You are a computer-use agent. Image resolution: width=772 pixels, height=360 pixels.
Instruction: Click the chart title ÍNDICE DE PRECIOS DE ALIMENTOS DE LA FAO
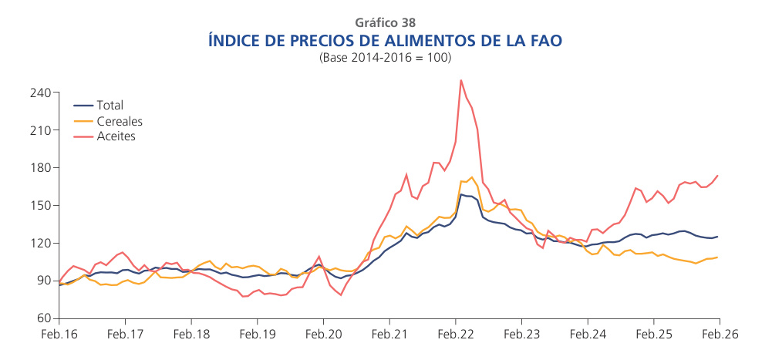386,40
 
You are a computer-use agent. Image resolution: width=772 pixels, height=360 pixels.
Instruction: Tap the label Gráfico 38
386,22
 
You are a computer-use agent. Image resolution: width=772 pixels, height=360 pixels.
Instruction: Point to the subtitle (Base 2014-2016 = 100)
386,58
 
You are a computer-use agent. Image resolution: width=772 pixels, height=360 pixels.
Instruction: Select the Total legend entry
110,106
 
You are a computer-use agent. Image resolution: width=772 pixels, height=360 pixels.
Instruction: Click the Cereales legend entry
120,121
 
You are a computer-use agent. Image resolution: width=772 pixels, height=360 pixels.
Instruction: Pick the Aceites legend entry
116,136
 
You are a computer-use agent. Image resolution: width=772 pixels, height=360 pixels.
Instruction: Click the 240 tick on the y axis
40,93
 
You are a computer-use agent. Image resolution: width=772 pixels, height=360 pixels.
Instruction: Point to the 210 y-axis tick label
40,130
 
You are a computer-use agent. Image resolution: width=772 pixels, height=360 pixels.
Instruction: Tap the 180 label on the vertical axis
40,168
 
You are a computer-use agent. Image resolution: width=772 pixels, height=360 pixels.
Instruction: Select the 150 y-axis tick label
40,206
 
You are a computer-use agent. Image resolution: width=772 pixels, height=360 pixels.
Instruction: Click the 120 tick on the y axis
40,244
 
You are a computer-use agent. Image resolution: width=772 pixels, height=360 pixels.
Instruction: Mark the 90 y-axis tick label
43,281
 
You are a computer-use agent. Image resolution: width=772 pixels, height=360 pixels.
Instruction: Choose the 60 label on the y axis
43,318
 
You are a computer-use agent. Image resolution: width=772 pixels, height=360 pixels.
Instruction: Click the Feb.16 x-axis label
59,335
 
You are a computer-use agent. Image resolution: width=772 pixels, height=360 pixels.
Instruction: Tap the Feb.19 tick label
258,335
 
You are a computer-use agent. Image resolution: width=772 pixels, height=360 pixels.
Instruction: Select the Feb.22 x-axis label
456,335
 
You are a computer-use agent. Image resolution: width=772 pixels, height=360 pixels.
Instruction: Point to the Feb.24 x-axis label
588,335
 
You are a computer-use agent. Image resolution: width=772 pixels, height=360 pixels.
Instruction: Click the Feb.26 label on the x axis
719,335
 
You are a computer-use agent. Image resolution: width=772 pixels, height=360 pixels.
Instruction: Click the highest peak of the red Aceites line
460,80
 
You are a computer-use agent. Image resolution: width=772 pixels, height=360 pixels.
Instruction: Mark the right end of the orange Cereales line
718,257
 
